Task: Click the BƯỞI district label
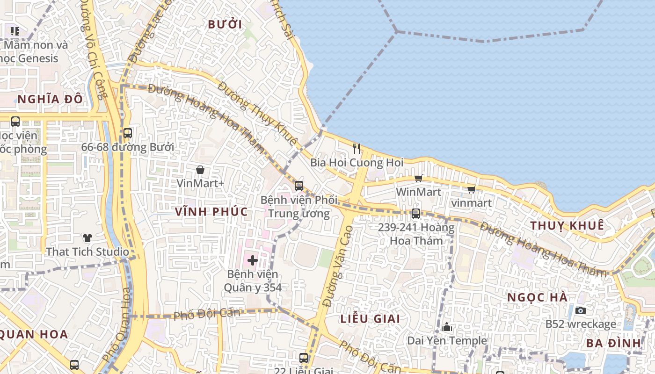click(225, 25)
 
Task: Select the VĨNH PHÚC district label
click(211, 211)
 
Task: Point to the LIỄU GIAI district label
click(370, 319)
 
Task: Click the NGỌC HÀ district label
click(538, 297)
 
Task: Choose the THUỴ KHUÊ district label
click(567, 226)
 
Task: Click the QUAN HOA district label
click(34, 334)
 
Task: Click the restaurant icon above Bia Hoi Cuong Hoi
click(357, 149)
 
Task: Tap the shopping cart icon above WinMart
click(418, 178)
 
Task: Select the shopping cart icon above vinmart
click(471, 189)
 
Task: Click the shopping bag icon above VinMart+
click(200, 170)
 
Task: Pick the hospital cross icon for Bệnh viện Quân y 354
click(253, 260)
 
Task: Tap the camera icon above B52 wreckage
click(581, 310)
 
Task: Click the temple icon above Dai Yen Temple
click(447, 327)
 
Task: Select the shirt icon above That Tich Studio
click(87, 238)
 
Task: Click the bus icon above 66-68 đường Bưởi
click(127, 133)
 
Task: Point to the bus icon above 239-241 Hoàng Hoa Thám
click(415, 214)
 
